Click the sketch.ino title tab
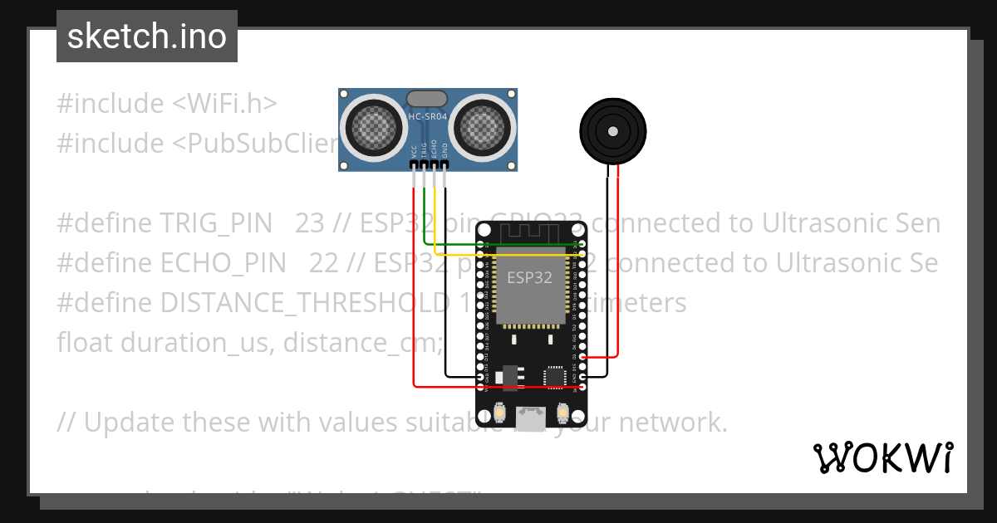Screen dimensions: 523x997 [147, 37]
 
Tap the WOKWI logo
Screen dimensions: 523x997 [882, 457]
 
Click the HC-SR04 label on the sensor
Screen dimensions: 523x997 [428, 117]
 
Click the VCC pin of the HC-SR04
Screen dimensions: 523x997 [414, 164]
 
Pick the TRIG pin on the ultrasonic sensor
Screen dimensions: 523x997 [424, 164]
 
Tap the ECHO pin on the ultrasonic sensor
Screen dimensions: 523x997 [435, 164]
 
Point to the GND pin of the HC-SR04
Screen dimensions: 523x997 [444, 164]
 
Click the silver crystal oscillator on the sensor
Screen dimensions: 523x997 [427, 99]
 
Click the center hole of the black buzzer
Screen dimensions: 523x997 [612, 130]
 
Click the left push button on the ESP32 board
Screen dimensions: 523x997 [501, 412]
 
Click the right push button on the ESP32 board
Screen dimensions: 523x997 [562, 412]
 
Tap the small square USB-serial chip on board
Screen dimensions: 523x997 [554, 377]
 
